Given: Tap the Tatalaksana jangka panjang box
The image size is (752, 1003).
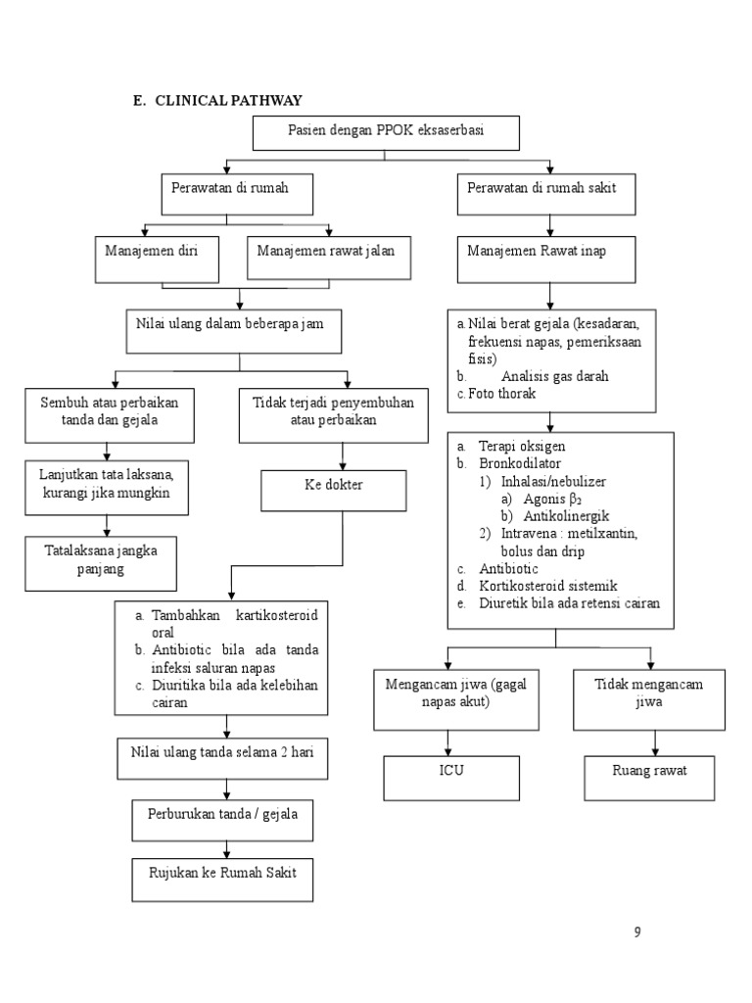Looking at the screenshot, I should [101, 561].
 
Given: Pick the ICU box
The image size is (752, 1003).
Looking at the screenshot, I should [451, 777].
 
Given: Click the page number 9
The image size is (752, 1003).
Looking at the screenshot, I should [637, 932].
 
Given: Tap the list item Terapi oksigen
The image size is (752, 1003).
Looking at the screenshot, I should [523, 446].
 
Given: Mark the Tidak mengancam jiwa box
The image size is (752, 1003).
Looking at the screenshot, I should [649, 699].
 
